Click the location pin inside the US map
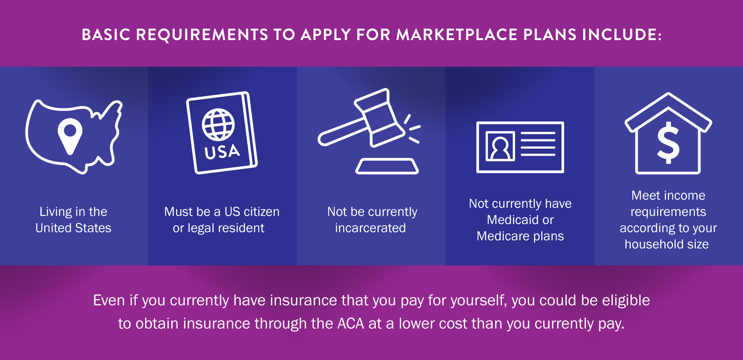[70, 135]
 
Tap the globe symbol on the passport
[218, 124]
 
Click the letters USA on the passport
[222, 151]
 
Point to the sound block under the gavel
[387, 166]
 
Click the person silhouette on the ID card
[500, 147]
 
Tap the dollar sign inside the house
[668, 143]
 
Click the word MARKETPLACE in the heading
[457, 35]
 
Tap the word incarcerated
[370, 228]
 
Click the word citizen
[262, 212]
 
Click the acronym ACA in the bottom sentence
[351, 324]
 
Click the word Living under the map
[56, 212]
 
